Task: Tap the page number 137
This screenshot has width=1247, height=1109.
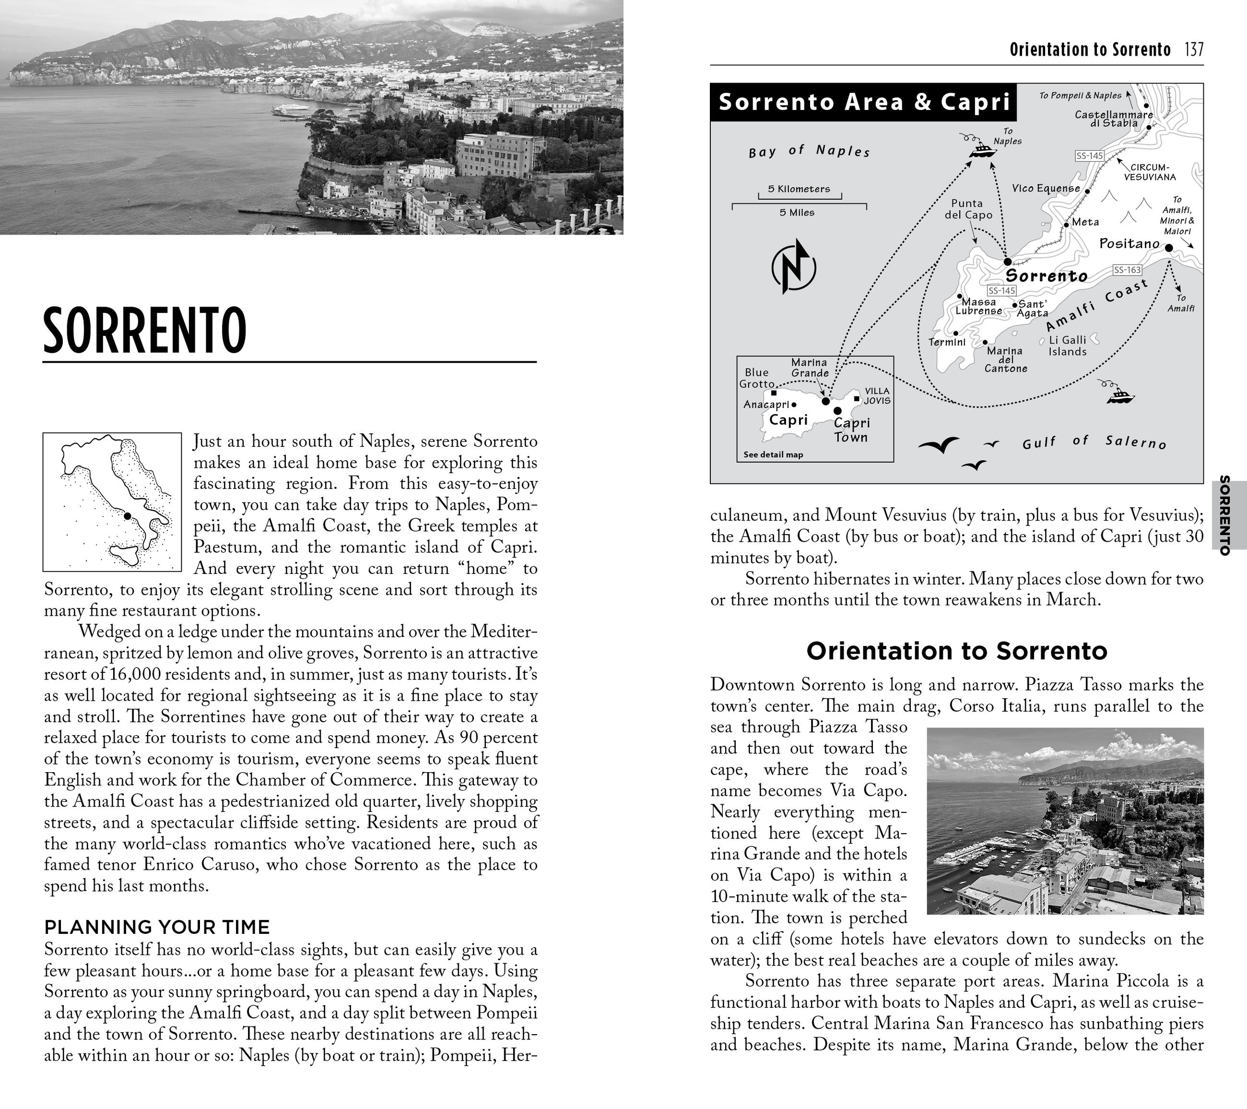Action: pos(1194,49)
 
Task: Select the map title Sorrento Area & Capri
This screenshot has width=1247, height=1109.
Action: pos(864,102)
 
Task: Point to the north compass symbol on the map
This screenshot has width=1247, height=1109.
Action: pos(793,267)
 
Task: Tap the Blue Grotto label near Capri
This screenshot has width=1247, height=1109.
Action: pos(756,378)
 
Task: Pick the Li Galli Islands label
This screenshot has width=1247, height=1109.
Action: pos(1067,346)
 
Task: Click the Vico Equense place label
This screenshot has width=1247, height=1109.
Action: pos(1046,188)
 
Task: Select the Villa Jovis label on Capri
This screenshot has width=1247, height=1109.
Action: pos(877,395)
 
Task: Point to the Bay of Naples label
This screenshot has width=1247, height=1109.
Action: pos(809,151)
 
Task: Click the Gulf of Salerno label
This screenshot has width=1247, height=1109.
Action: pos(1094,442)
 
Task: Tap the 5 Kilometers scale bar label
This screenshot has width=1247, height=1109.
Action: pos(799,189)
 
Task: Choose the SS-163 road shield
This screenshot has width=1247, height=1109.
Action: pos(1127,270)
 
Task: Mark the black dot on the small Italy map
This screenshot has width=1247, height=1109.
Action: pos(128,516)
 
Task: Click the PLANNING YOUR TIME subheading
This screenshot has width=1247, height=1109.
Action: pos(157,927)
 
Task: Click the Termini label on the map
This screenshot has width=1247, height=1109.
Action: pos(946,343)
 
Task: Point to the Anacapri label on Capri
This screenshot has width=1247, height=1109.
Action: pos(766,404)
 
